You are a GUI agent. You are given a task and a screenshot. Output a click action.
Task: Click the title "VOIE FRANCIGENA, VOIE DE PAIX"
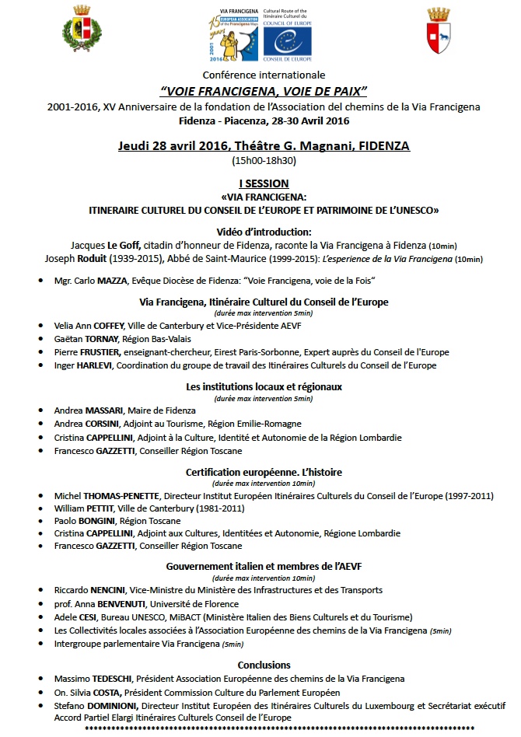click(263, 90)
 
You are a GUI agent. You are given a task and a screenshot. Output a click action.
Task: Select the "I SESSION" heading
click(264, 183)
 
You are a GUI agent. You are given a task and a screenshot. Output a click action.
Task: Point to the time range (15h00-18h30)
click(264, 162)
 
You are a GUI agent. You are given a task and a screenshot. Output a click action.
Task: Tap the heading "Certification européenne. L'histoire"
click(264, 472)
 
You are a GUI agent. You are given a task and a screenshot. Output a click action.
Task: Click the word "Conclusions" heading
click(264, 665)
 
